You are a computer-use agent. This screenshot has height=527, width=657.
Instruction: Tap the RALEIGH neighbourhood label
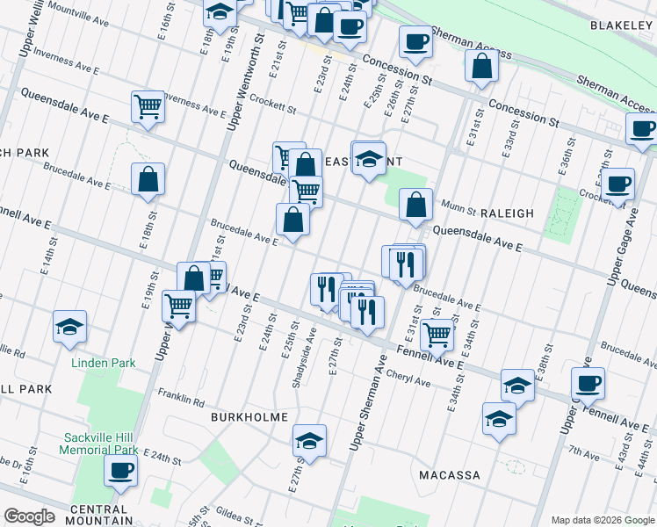pos(507,213)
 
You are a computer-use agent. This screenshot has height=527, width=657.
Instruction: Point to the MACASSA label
pos(449,475)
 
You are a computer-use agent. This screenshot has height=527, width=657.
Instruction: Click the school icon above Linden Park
pos(70,328)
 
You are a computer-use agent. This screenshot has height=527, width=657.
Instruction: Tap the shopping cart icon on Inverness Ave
pos(148,107)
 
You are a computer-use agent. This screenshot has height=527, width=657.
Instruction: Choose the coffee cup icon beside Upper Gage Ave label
pos(617,184)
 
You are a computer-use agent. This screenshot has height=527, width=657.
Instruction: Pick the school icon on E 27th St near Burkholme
pos(309,441)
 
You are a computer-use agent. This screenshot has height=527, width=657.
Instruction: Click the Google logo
pos(30,516)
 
